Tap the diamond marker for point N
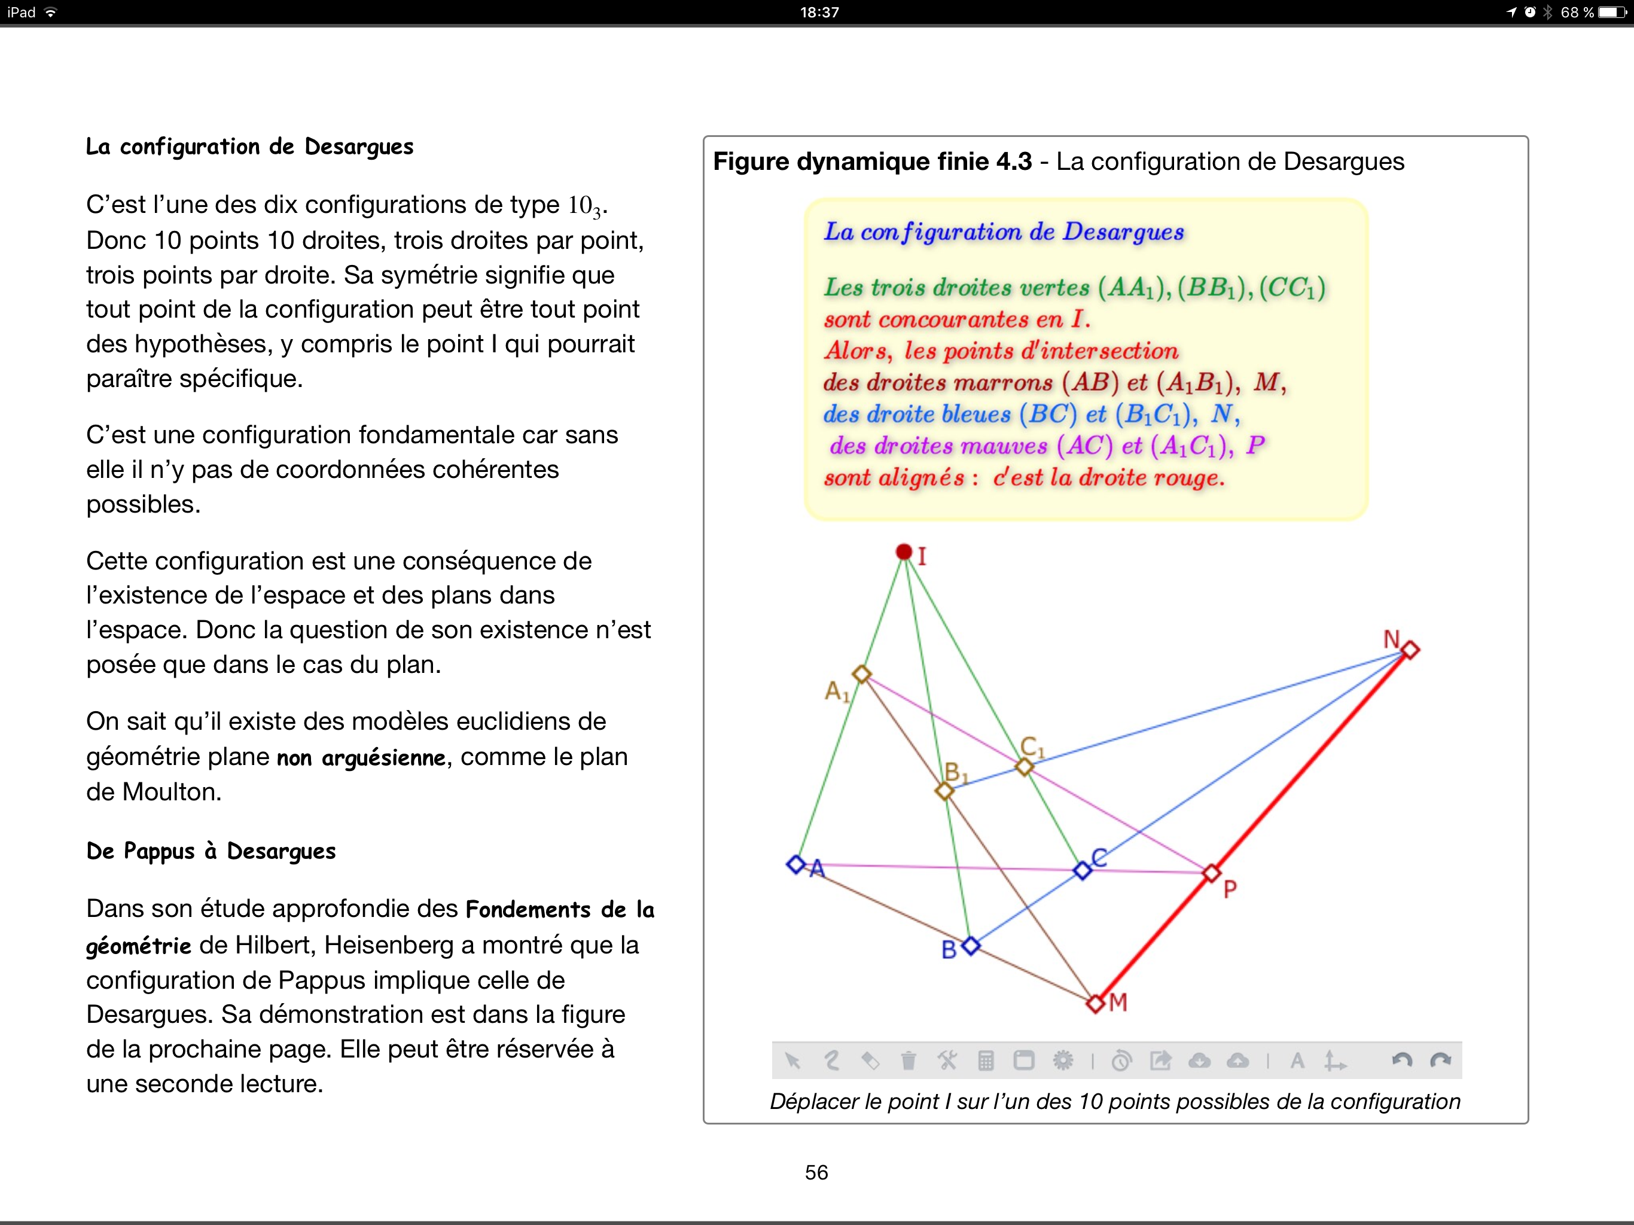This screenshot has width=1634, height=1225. click(1410, 650)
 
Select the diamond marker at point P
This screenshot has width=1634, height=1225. click(1212, 873)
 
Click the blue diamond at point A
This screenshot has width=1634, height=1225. click(795, 864)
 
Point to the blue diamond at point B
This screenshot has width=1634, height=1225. click(971, 945)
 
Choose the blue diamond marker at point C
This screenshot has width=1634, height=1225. click(1082, 870)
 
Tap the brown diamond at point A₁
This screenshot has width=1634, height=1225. click(861, 674)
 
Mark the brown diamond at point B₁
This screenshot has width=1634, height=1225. click(944, 791)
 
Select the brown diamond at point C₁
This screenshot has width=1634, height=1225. click(1024, 767)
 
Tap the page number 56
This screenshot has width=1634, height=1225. click(816, 1172)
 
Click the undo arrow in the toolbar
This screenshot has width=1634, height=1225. click(1401, 1061)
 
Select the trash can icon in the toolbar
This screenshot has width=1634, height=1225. click(909, 1061)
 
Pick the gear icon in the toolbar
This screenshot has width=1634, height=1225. click(1062, 1061)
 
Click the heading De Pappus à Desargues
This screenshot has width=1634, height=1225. click(211, 851)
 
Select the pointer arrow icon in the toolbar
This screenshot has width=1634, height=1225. click(792, 1061)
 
